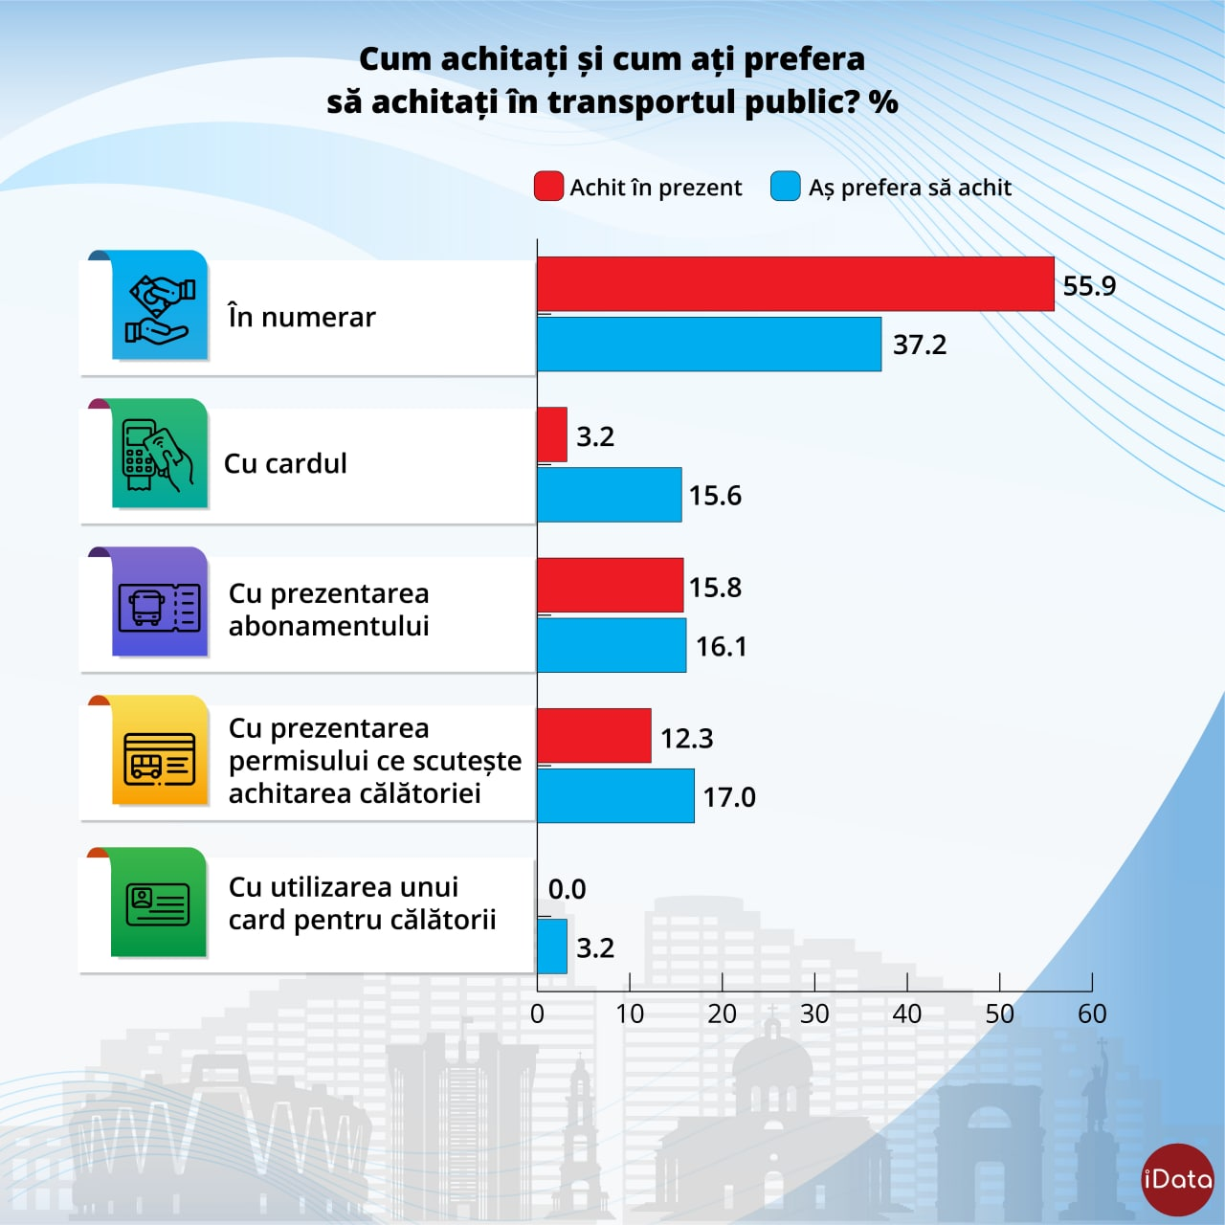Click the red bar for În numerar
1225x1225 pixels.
[x=794, y=284]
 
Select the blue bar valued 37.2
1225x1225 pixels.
[x=708, y=345]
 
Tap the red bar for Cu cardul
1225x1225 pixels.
[x=552, y=434]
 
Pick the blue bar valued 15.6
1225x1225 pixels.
[x=609, y=495]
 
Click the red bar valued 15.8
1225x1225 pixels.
[x=610, y=586]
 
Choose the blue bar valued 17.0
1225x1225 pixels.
[x=615, y=796]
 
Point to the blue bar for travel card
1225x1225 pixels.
[x=552, y=947]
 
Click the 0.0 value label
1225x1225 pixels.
[x=567, y=889]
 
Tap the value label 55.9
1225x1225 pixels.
[x=1089, y=286]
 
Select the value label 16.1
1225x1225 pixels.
[x=721, y=647]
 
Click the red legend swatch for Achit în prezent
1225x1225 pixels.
[x=548, y=187]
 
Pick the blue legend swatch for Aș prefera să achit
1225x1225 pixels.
[x=785, y=187]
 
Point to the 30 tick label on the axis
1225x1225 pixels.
[x=814, y=1014]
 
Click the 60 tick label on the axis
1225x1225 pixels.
[x=1092, y=1014]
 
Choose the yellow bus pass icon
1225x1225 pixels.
[x=160, y=756]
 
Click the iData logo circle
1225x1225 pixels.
[x=1177, y=1179]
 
